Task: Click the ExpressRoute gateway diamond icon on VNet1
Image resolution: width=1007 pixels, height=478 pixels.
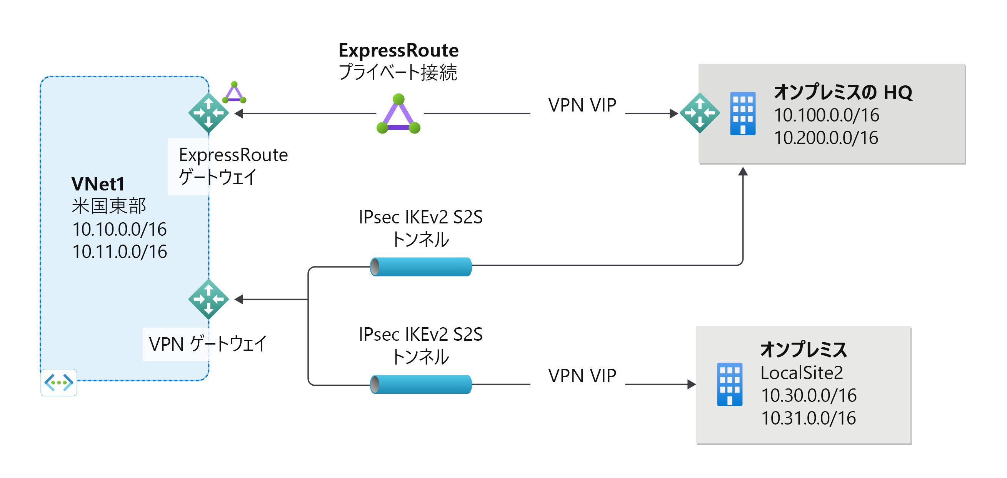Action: pyautogui.click(x=208, y=113)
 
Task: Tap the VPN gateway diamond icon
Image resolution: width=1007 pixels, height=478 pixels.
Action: pyautogui.click(x=208, y=299)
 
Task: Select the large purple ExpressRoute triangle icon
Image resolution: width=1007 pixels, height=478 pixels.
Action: pyautogui.click(x=398, y=115)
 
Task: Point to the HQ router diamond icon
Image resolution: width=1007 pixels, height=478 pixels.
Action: pyautogui.click(x=700, y=113)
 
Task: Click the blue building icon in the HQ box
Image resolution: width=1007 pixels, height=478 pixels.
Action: pyautogui.click(x=743, y=114)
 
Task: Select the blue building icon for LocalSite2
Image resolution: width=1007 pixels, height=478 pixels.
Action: pyautogui.click(x=729, y=385)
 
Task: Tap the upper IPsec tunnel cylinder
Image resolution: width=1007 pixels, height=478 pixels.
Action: pyautogui.click(x=421, y=267)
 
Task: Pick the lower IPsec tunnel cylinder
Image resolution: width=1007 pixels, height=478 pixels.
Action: pyautogui.click(x=421, y=384)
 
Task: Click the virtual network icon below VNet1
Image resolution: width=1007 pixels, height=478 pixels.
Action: pyautogui.click(x=58, y=382)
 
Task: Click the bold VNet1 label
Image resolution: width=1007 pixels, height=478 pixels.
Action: pyautogui.click(x=98, y=184)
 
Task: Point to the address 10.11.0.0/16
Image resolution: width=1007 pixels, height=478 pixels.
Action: pyautogui.click(x=120, y=252)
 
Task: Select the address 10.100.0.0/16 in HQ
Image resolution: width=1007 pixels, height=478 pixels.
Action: pyautogui.click(x=826, y=115)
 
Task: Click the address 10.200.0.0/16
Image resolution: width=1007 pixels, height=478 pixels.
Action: pyautogui.click(x=826, y=138)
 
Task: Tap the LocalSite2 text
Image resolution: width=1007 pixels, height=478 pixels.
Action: pyautogui.click(x=801, y=373)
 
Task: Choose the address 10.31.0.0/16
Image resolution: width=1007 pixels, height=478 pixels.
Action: pyautogui.click(x=809, y=418)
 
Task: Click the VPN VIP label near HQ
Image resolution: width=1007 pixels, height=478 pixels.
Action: pyautogui.click(x=582, y=105)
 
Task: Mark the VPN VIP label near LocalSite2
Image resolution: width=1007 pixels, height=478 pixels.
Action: pyautogui.click(x=582, y=376)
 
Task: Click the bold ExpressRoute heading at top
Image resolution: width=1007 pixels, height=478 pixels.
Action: pyautogui.click(x=398, y=50)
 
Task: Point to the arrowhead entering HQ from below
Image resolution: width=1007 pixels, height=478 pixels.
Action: pyautogui.click(x=743, y=172)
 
